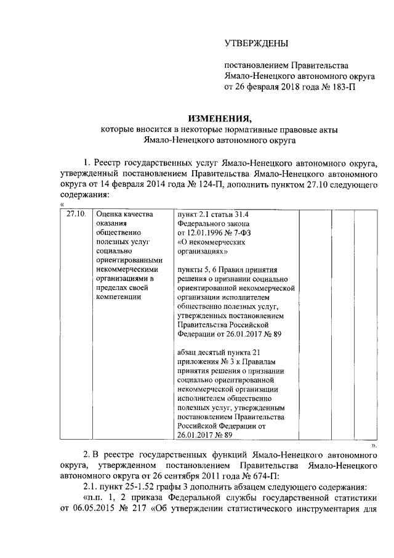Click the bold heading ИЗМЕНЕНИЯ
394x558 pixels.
pos(220,118)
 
